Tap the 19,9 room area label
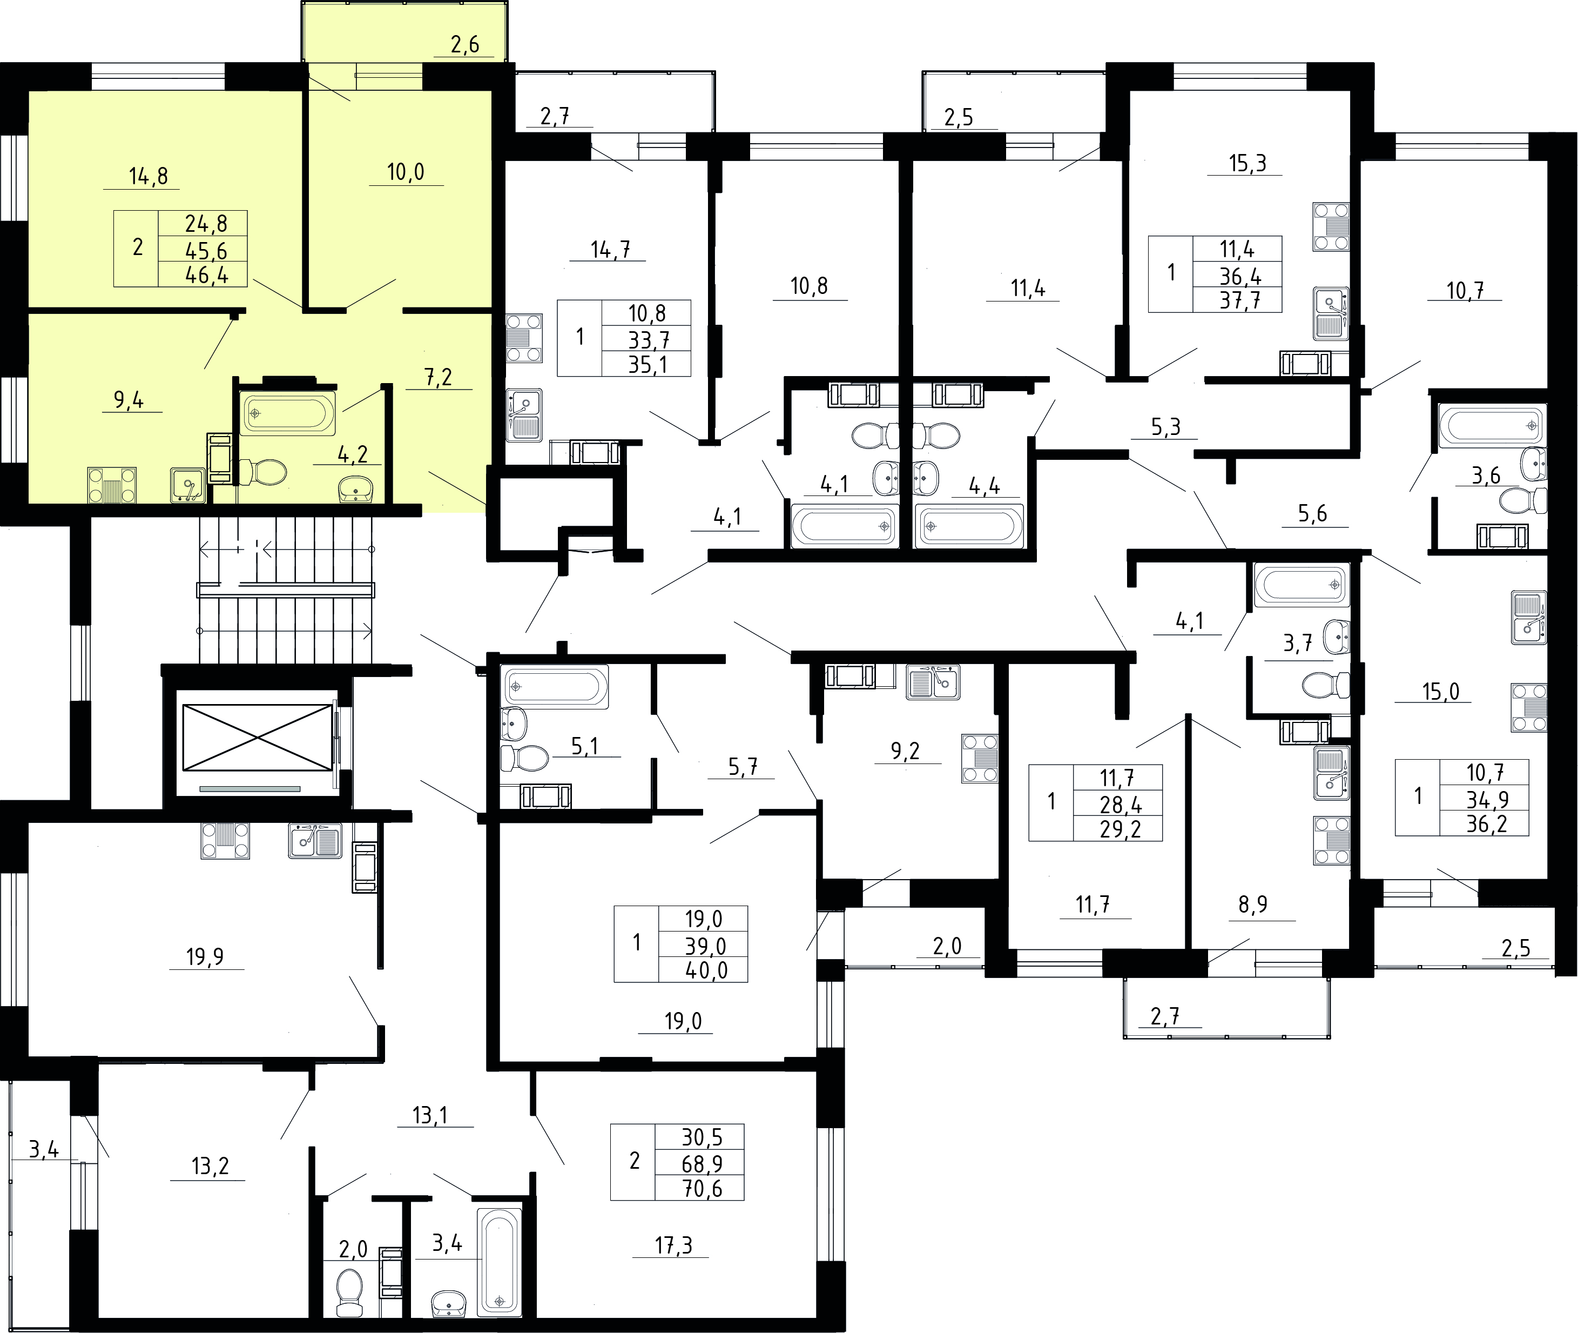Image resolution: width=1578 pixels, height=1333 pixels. point(205,957)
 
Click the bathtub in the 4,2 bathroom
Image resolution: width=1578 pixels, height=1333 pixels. point(288,413)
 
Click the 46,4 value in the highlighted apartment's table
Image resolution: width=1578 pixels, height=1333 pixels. point(207,274)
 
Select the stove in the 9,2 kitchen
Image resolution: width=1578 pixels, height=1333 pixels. point(979,758)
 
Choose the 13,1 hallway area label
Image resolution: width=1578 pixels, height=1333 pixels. point(430,1115)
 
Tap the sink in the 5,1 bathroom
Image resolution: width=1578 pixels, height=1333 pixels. point(513,723)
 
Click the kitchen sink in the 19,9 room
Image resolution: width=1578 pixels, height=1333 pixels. point(314,840)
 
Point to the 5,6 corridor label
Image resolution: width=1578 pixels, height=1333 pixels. point(1312,514)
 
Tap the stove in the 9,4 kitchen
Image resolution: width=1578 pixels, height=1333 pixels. point(112,485)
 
